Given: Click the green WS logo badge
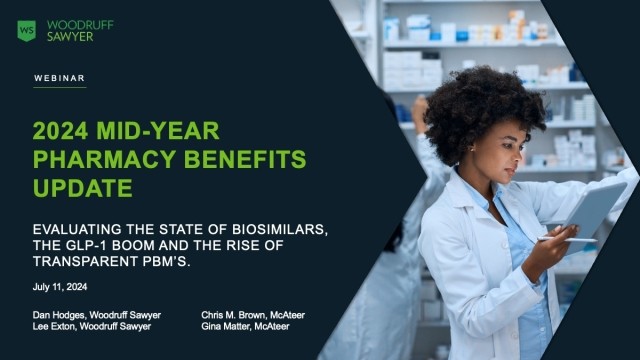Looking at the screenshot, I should coord(26,29).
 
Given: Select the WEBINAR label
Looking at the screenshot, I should coord(60,77).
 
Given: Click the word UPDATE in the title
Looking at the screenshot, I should coord(82,187).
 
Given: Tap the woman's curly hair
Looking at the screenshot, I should coord(470,110).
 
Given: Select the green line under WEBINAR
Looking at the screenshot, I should coord(60,87).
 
